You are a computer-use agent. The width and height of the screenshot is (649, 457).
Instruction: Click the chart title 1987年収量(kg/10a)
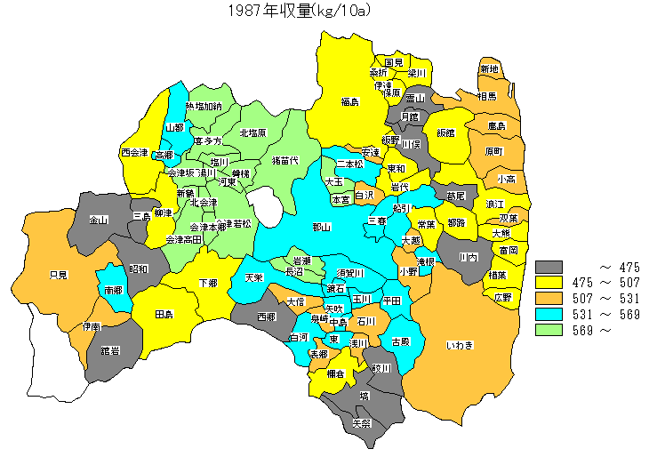coord(299,11)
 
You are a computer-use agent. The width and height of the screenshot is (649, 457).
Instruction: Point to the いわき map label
coord(461,344)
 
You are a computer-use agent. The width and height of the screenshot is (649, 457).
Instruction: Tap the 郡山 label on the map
coord(321,228)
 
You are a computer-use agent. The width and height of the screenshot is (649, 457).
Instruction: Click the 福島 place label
coord(349,102)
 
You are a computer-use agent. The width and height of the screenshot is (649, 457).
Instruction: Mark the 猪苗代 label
coord(284,160)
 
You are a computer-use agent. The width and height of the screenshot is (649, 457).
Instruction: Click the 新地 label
coord(490,69)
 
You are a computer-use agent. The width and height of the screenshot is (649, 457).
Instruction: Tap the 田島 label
coord(164,315)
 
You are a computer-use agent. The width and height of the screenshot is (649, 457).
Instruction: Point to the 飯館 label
coord(445,132)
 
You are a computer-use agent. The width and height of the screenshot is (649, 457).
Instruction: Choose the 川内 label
coord(468,257)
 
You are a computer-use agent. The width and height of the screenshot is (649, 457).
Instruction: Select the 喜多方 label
coord(207,141)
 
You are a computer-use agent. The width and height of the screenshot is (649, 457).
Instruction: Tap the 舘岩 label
coord(110,350)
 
